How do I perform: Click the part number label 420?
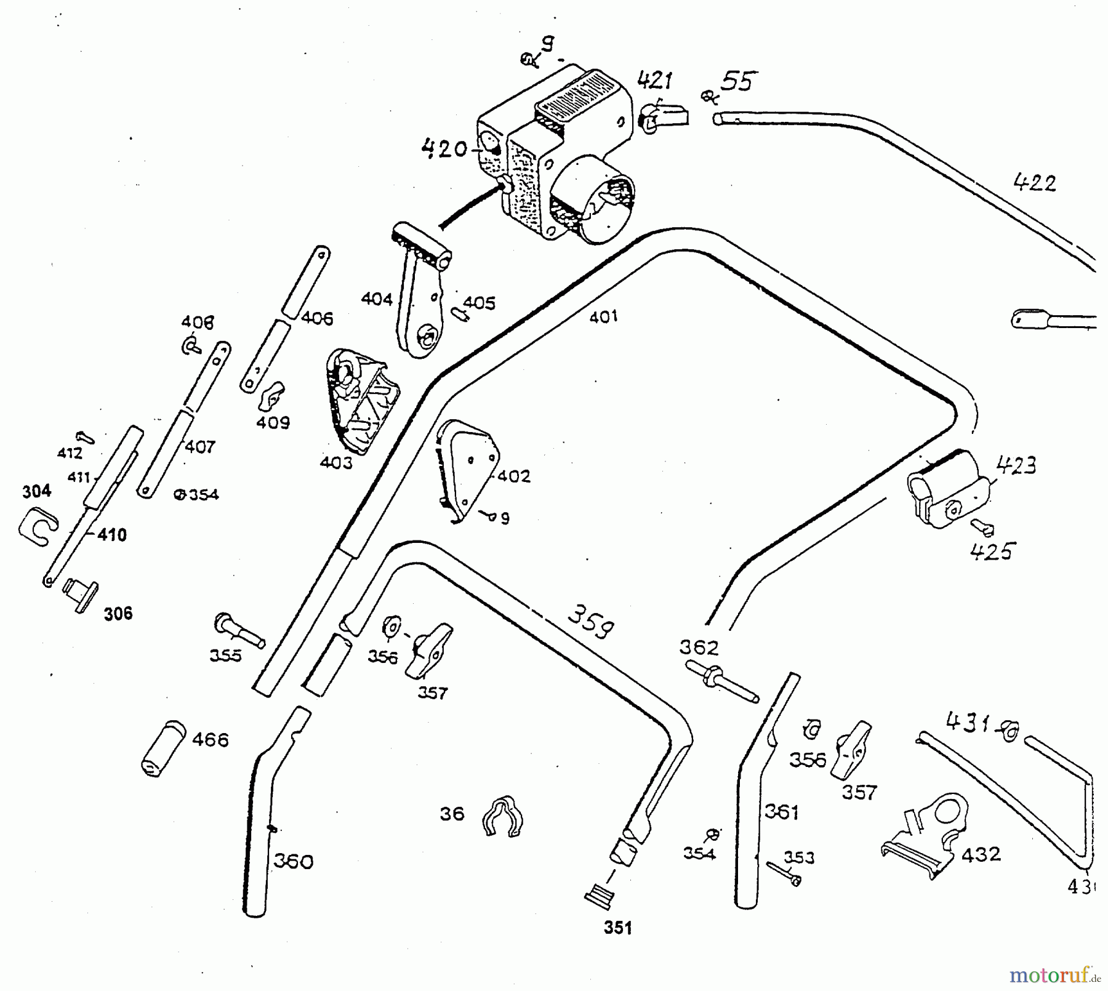tap(444, 149)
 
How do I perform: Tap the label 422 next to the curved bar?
tap(1034, 183)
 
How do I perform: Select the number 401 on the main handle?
tap(603, 317)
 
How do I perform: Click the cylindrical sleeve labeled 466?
tap(163, 747)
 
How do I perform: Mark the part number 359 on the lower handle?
tap(589, 623)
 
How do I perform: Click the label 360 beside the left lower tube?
tap(293, 861)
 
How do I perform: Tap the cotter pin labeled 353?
tap(783, 873)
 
